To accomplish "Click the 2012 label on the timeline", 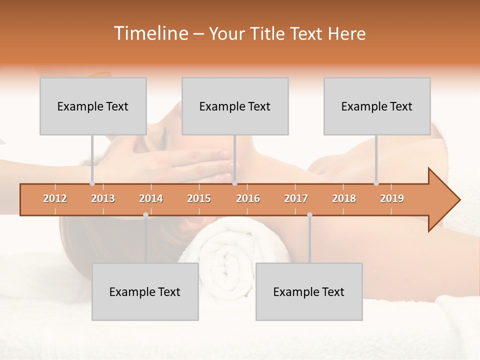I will point(55,198).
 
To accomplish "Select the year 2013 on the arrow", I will point(103,198).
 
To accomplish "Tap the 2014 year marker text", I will point(151,198).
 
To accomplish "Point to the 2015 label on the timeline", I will point(199,198).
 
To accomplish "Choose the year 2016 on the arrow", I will point(248,198).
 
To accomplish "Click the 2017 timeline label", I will point(296,198).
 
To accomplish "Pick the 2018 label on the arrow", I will point(344,198).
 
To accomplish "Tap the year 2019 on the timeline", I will point(392,198).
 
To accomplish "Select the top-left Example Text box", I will point(93,106).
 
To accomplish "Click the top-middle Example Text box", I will point(235,106).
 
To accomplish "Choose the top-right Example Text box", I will point(377,106).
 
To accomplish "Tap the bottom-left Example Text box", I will point(145,292).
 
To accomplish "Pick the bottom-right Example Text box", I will point(309,292).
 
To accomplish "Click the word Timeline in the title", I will point(150,33).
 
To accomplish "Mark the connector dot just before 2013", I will point(92,183).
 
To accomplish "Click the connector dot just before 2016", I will point(235,183).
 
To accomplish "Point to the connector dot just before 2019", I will point(376,183).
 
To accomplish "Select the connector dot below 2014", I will point(145,215).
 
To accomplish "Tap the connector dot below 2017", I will point(309,215).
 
